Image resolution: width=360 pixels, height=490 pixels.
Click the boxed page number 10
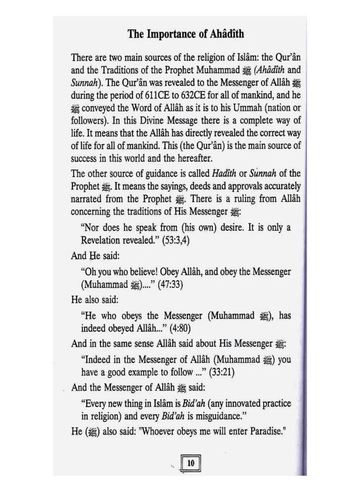point(190,463)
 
